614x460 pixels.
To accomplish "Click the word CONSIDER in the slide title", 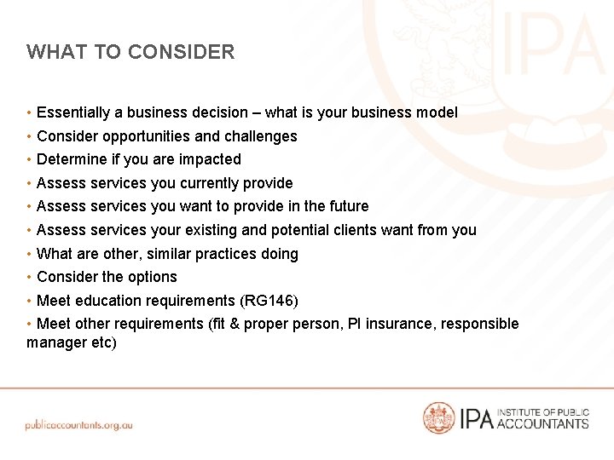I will [x=181, y=52].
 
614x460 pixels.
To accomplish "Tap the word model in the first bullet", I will [x=437, y=112].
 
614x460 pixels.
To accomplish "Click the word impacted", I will [x=211, y=159].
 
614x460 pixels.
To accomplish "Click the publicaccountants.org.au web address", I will [x=79, y=424].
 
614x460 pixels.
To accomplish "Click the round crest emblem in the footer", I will [x=439, y=417].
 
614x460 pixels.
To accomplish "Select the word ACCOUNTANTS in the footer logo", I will [x=542, y=423].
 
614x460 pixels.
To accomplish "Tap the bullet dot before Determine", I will [x=30, y=159].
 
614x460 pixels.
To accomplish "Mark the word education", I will [x=107, y=301].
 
